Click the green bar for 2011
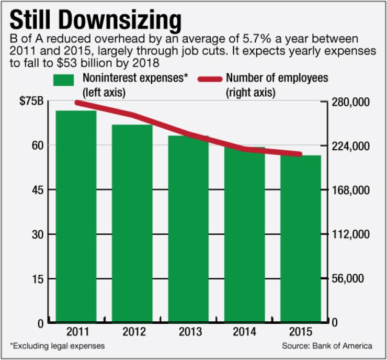pos(76,215)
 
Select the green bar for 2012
pos(132,222)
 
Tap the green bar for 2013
pos(188,228)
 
